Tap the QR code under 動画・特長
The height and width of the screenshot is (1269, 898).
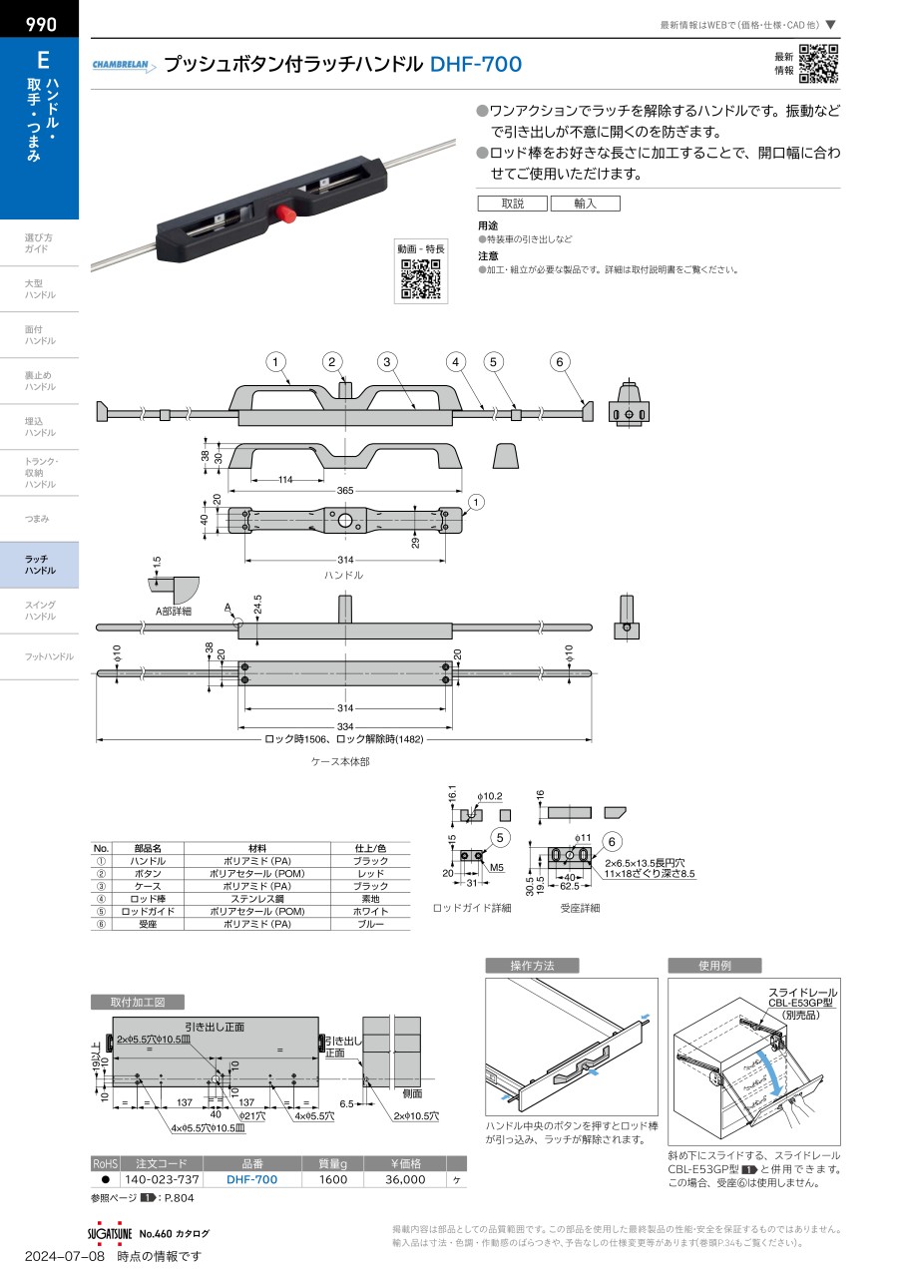click(420, 278)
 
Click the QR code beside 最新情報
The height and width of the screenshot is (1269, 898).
click(818, 64)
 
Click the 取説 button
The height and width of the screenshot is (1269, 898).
click(513, 204)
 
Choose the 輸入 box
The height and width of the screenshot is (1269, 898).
click(585, 204)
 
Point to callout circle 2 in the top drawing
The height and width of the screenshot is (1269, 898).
click(333, 362)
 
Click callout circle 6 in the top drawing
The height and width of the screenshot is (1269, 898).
click(561, 362)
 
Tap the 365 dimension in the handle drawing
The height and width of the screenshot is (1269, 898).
click(344, 491)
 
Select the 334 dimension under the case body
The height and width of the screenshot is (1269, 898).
click(345, 727)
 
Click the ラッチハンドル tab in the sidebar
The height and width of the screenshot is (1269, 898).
click(40, 565)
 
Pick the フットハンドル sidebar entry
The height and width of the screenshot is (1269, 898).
click(49, 656)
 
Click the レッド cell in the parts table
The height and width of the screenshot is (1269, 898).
click(370, 873)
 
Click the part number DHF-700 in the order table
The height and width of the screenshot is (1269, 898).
click(251, 1179)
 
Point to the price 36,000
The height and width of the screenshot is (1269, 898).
click(404, 1179)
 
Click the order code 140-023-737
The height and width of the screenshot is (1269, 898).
click(162, 1179)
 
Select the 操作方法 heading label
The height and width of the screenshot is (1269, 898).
click(532, 966)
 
